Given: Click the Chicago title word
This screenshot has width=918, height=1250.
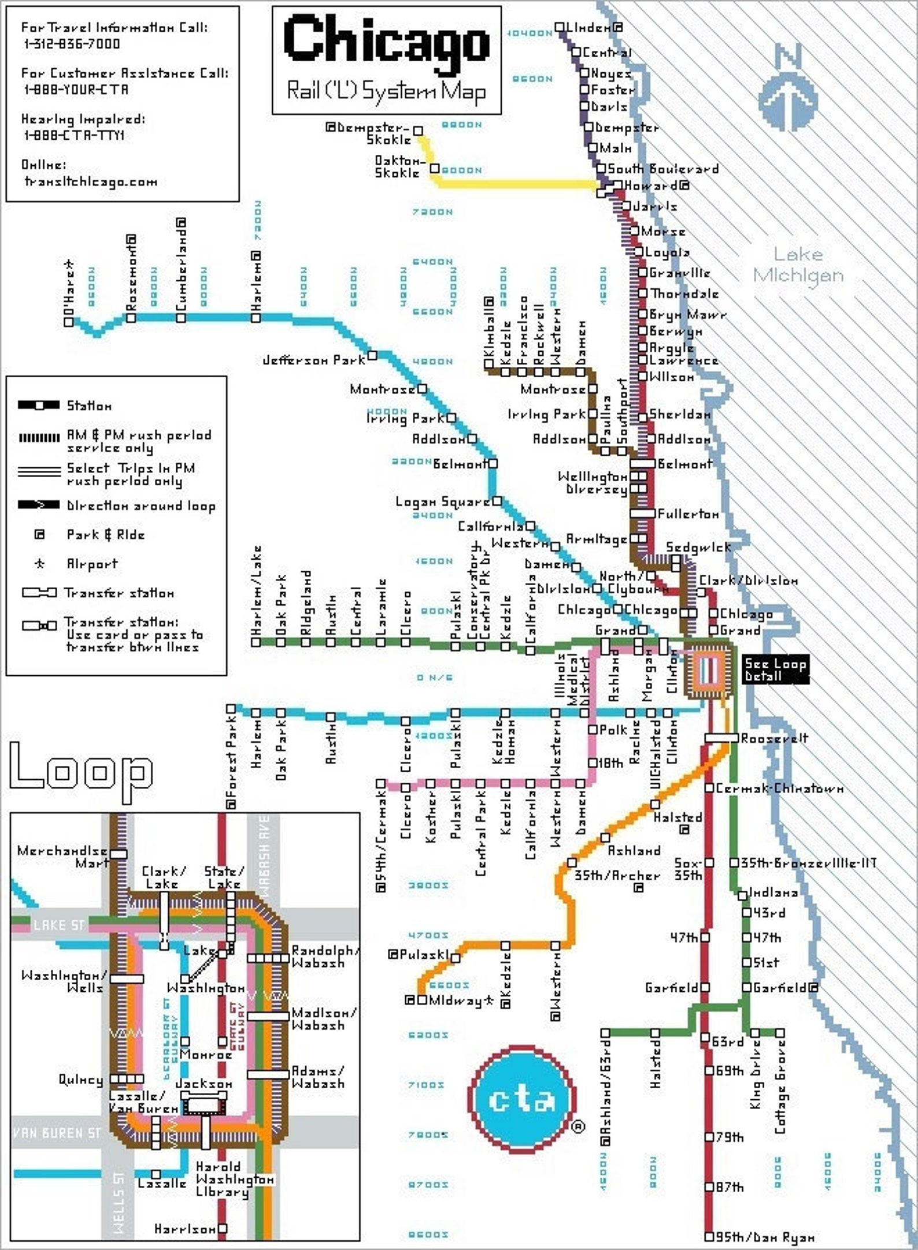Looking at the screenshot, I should click(386, 39).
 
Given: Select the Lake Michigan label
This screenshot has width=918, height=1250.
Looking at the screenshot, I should click(798, 265).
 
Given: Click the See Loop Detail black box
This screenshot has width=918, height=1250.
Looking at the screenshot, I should click(775, 669).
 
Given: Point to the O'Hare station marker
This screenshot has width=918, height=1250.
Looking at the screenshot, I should click(69, 322).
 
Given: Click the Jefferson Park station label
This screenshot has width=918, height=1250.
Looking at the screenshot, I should click(314, 360).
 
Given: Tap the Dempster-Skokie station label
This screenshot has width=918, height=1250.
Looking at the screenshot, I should click(373, 133).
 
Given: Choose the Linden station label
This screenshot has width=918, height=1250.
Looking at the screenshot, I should click(588, 27).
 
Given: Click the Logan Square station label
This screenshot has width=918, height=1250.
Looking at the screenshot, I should click(443, 501).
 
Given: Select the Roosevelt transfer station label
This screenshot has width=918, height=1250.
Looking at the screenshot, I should click(774, 738).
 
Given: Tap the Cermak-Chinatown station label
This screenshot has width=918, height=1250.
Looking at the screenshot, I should click(779, 788).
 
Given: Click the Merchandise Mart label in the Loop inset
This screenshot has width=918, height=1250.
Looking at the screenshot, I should click(62, 857).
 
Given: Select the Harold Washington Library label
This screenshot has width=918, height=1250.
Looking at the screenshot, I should click(234, 1179).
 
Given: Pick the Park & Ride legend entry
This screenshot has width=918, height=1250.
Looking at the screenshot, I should click(105, 535).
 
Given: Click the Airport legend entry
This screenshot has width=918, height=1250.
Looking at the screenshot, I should click(92, 564).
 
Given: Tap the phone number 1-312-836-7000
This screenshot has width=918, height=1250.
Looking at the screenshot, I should click(72, 44).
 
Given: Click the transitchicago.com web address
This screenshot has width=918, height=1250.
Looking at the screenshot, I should click(91, 181).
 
